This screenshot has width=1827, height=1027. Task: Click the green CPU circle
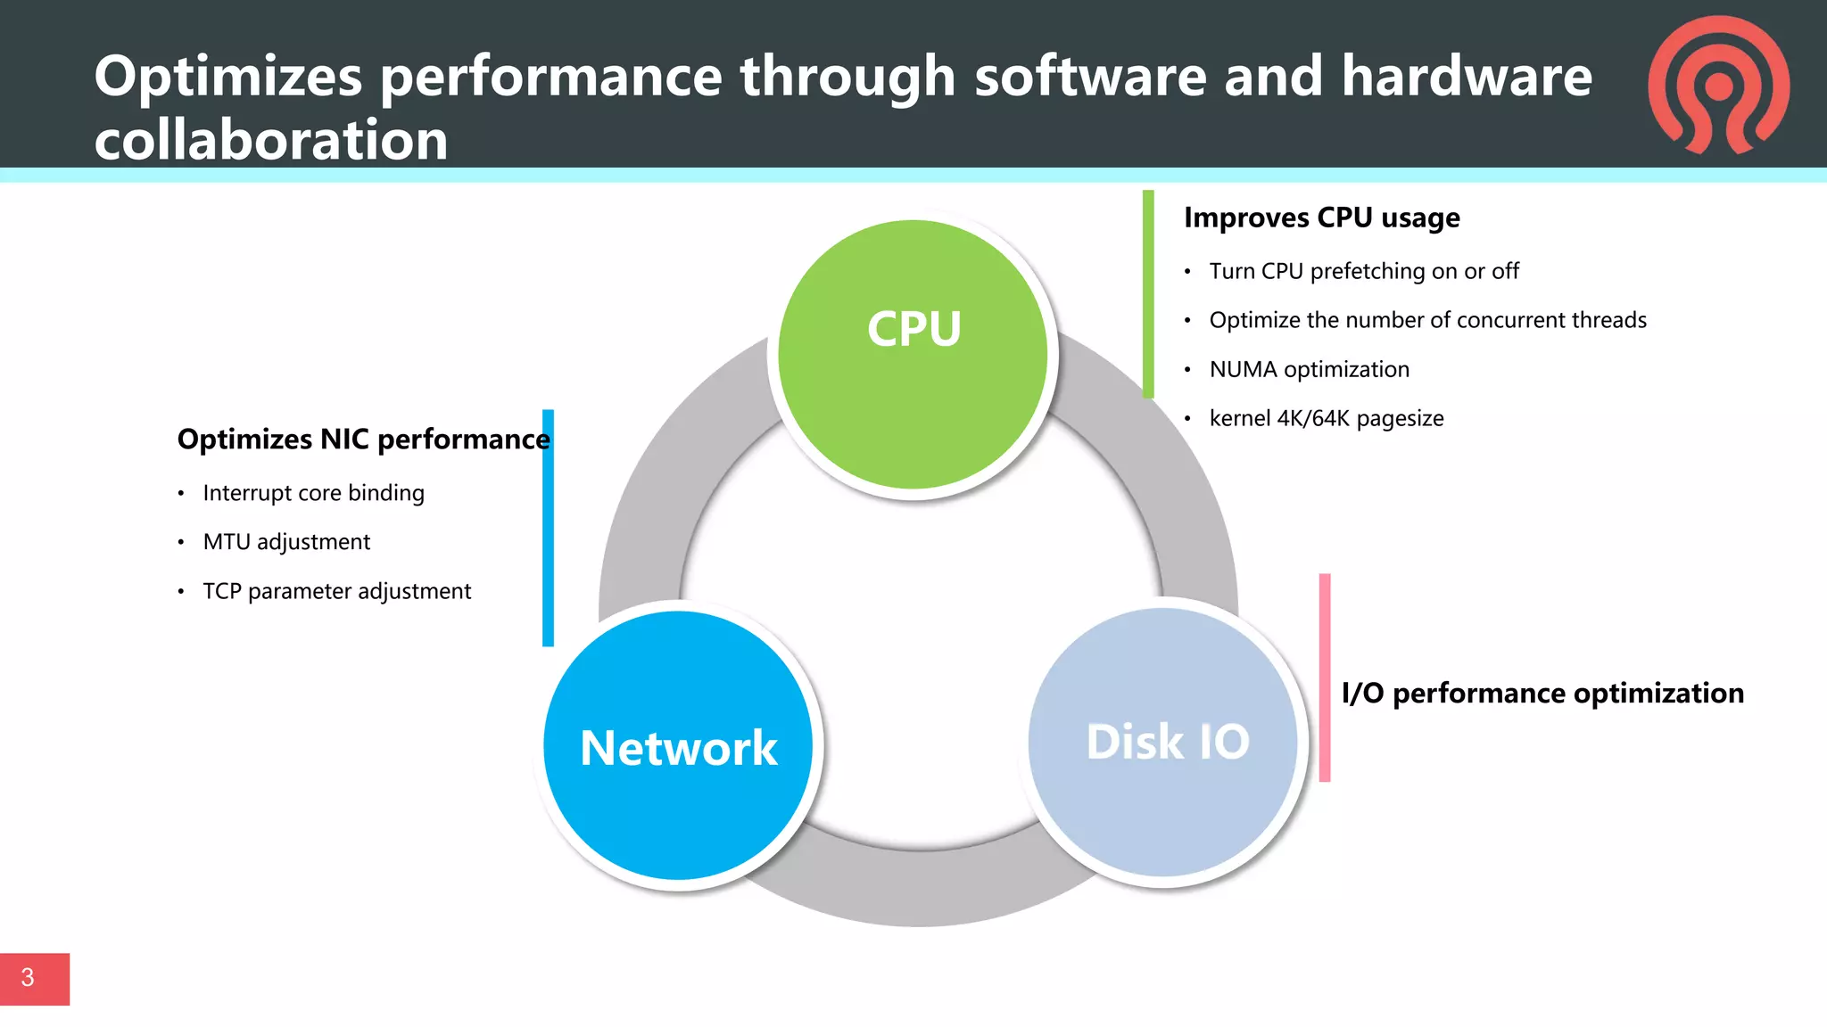[913, 355]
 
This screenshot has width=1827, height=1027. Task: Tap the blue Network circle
[678, 746]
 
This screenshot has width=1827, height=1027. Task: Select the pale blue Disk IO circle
[1163, 742]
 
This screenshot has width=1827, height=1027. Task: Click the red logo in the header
[1719, 85]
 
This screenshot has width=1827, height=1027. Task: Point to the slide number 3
[28, 978]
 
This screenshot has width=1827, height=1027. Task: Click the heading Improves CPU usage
[1321, 218]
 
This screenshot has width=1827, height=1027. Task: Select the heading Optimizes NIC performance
[363, 440]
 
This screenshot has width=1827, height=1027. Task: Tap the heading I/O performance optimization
[1542, 694]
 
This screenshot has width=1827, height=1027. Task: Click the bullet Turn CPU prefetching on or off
[1363, 271]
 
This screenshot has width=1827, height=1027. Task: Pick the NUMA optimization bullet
[1309, 369]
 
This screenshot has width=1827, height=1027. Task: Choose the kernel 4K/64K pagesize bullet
[1326, 418]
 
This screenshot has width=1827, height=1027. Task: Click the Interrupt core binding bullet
[313, 493]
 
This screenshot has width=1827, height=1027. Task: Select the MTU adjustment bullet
[286, 542]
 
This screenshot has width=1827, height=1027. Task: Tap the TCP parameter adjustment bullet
[336, 591]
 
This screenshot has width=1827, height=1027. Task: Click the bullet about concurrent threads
[1427, 320]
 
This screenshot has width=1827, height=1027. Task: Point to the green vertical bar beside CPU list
[1148, 294]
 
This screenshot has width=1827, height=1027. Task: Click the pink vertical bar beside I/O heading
[1325, 678]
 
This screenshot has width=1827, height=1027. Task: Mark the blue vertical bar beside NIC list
[548, 528]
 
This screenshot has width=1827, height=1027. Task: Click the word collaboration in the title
[271, 140]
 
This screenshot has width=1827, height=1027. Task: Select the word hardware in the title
[1467, 76]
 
